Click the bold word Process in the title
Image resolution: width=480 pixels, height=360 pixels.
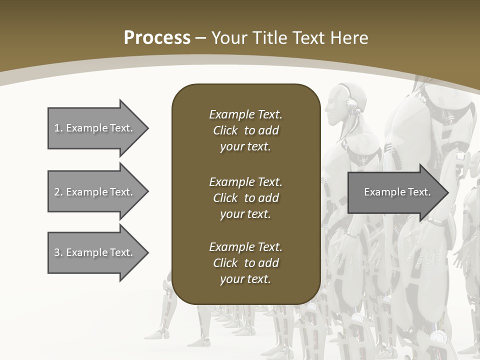tap(157, 38)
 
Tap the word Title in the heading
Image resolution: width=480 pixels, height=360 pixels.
tap(270, 38)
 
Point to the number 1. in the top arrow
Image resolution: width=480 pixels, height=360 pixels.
tap(58, 128)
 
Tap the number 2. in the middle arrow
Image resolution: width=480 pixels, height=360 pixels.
tap(58, 192)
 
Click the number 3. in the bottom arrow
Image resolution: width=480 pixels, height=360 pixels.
tap(58, 252)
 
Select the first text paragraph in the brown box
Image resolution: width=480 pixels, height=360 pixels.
tap(245, 130)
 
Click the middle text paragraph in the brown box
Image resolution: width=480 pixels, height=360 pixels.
tap(245, 198)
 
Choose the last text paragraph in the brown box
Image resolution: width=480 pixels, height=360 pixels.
tap(245, 263)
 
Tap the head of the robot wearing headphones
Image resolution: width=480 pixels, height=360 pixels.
tap(340, 102)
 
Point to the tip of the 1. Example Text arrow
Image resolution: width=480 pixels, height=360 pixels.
tap(147, 128)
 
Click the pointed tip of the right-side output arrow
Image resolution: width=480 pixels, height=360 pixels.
tap(447, 192)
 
